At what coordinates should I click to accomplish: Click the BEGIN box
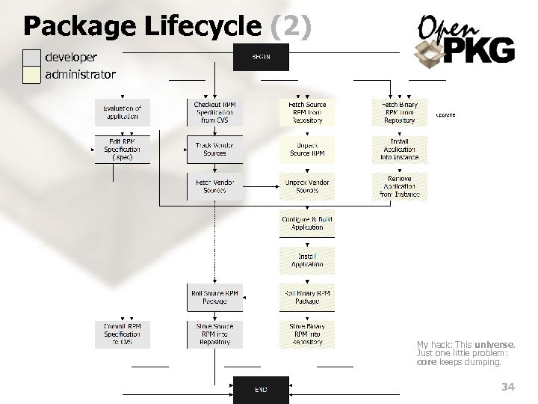[x=261, y=58]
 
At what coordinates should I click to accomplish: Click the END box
[x=261, y=389]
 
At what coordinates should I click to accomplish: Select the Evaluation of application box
[x=122, y=112]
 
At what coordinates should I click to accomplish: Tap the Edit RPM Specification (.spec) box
[x=122, y=150]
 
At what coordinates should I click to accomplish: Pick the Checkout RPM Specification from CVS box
[x=214, y=112]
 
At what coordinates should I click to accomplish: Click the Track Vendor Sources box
[x=214, y=150]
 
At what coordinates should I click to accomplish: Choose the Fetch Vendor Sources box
[x=214, y=186]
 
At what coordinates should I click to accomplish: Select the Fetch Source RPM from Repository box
[x=307, y=112]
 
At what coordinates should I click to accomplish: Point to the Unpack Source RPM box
[x=307, y=150]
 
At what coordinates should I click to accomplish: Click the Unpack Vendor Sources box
[x=307, y=186]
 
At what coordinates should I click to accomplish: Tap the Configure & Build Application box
[x=307, y=223]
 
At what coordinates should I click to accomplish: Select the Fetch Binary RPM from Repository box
[x=400, y=112]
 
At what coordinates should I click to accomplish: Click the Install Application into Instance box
[x=400, y=150]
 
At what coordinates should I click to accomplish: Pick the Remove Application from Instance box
[x=400, y=186]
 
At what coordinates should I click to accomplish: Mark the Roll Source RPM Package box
[x=214, y=297]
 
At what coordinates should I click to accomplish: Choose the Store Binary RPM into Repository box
[x=307, y=334]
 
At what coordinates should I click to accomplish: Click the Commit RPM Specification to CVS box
[x=122, y=334]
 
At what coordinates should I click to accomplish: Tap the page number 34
[x=508, y=387]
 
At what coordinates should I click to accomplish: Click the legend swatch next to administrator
[x=31, y=75]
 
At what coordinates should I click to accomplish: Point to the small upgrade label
[x=445, y=114]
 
